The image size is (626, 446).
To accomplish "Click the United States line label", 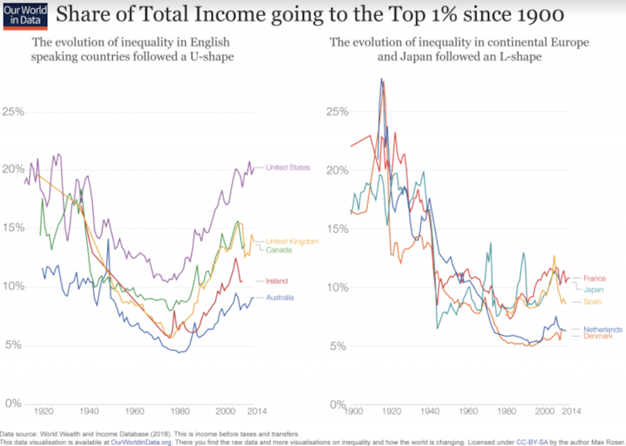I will [287, 167].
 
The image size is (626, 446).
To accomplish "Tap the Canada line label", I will [277, 250].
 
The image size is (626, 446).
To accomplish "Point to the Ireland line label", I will [277, 281].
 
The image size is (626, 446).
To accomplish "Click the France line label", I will [596, 278].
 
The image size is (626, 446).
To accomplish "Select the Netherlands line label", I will [603, 329].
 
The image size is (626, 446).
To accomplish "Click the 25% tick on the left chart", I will [14, 111].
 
